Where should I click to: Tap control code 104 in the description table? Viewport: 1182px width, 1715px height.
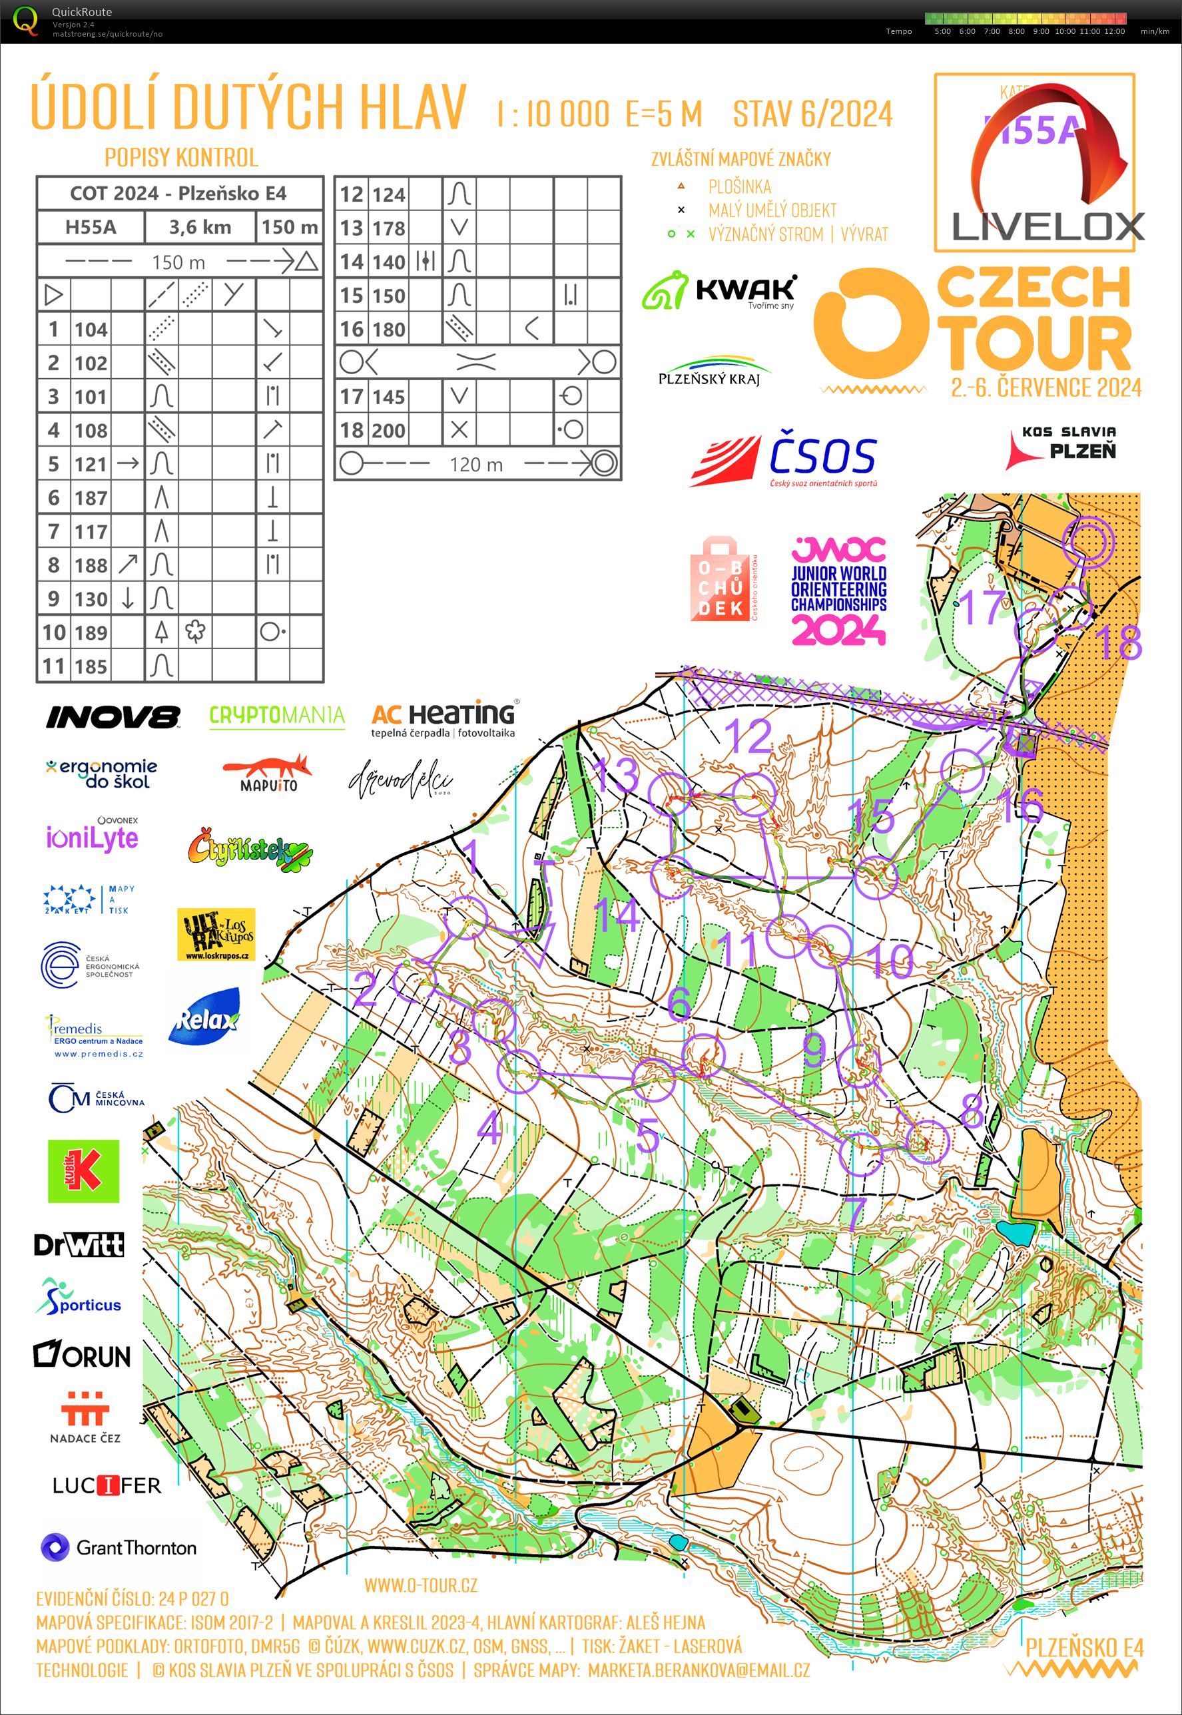(x=91, y=330)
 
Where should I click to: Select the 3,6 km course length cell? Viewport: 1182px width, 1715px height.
(x=200, y=227)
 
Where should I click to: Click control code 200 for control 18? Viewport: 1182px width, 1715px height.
(x=389, y=430)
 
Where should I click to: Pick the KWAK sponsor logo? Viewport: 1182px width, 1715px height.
(x=719, y=291)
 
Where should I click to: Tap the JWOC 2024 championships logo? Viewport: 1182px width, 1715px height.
(x=838, y=591)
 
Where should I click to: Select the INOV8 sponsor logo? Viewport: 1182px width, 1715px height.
(x=113, y=716)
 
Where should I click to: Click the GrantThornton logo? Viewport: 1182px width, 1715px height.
(x=119, y=1548)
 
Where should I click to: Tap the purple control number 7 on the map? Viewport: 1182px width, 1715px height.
(x=856, y=1212)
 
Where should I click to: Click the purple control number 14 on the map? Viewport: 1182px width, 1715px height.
(x=617, y=913)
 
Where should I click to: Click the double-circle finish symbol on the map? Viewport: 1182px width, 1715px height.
(x=1087, y=542)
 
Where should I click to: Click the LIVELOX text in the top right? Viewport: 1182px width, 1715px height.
(x=1046, y=226)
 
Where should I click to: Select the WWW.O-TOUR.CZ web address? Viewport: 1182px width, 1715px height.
(x=420, y=1585)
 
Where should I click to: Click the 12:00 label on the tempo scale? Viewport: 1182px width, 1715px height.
(x=1113, y=31)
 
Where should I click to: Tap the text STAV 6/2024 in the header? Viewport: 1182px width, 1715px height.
(x=812, y=114)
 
